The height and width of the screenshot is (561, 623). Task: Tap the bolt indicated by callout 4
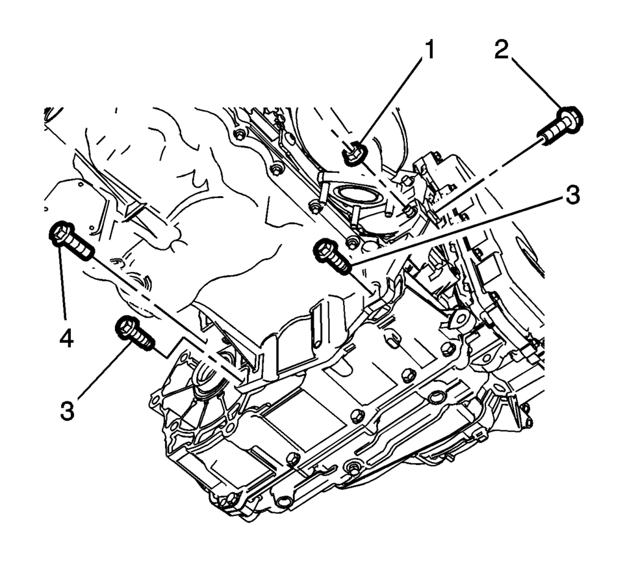tap(70, 240)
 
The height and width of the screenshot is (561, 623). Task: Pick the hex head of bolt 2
tap(570, 118)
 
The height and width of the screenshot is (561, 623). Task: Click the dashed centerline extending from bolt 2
tap(494, 171)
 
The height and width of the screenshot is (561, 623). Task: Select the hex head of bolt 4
tap(60, 234)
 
